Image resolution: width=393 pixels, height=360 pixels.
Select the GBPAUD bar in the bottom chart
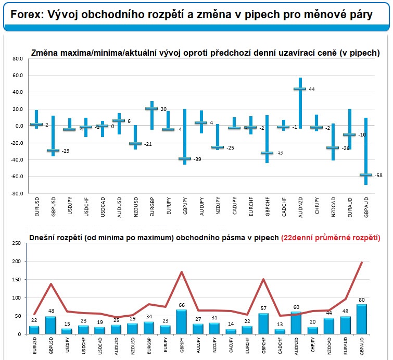362,319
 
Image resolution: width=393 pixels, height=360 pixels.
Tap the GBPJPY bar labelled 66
181,321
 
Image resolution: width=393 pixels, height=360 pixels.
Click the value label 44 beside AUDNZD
312,90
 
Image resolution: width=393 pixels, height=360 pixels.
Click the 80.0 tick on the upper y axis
18,59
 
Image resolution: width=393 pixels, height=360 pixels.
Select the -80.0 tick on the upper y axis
17,194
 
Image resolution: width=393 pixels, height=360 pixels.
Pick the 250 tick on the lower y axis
17,243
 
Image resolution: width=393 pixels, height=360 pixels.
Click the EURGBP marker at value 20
151,108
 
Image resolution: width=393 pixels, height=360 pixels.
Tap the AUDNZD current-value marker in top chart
299,89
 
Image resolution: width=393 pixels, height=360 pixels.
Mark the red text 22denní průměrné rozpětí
330,237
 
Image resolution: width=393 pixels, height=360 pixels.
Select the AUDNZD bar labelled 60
296,322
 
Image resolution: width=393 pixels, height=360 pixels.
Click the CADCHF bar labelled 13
280,331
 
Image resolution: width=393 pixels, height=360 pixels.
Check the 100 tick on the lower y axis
17,298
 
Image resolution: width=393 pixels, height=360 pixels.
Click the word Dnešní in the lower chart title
44,237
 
